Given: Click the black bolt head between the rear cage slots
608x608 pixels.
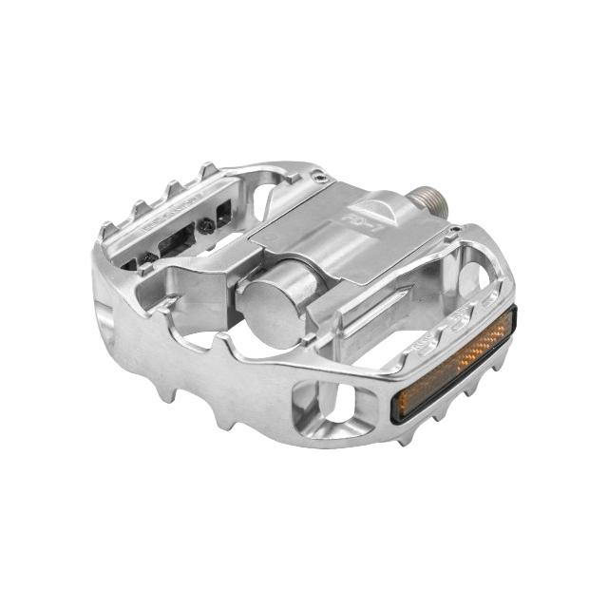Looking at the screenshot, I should [206, 224].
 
